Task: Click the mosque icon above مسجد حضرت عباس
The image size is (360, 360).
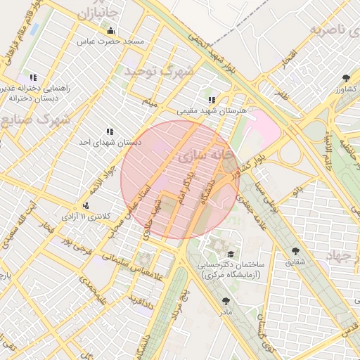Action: click(x=110, y=30)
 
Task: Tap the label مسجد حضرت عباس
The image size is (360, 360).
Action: click(x=110, y=42)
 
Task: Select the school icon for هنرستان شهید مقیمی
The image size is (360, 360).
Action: click(x=212, y=100)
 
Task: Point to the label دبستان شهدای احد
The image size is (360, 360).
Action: click(x=110, y=142)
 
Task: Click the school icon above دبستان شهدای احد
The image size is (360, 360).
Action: click(x=110, y=131)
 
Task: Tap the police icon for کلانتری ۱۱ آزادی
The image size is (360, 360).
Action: click(x=86, y=205)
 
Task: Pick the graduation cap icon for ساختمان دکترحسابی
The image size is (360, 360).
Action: click(x=231, y=254)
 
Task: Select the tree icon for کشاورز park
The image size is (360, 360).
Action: click(x=345, y=77)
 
